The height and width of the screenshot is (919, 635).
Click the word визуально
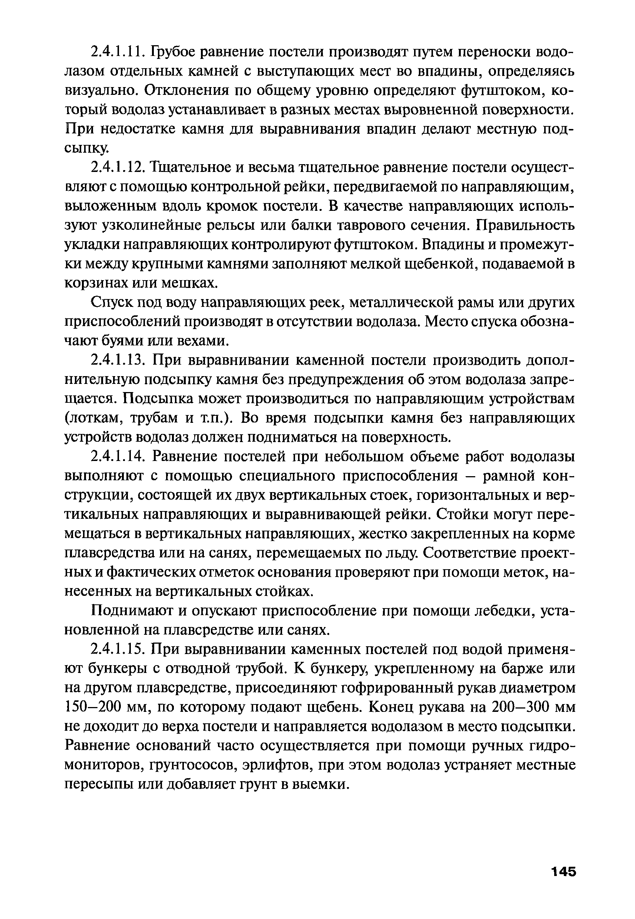pos(101,91)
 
